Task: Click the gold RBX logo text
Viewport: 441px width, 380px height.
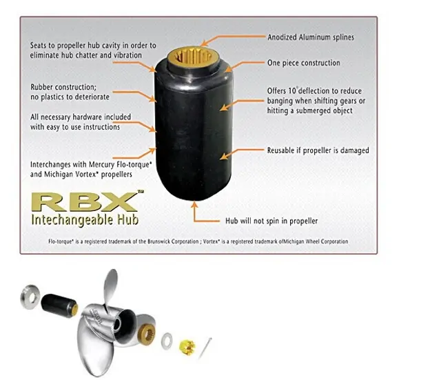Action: pos(84,201)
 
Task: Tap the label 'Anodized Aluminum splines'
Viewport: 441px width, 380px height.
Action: pos(311,37)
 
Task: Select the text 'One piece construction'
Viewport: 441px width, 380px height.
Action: pos(304,63)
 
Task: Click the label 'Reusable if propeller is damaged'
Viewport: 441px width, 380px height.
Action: pos(318,150)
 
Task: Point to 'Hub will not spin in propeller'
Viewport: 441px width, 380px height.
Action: pos(271,221)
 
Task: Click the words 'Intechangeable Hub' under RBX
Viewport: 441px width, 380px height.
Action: pos(85,220)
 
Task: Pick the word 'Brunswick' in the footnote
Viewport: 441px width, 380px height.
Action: pos(159,241)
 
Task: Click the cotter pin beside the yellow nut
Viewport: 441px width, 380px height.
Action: pos(205,348)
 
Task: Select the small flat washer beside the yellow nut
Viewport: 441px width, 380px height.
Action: pos(167,341)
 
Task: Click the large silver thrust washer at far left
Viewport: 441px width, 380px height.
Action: pos(30,297)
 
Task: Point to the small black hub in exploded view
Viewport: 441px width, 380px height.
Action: pos(59,306)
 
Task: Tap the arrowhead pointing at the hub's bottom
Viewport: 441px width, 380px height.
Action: pos(194,204)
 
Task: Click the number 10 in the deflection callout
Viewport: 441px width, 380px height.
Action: pos(292,91)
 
